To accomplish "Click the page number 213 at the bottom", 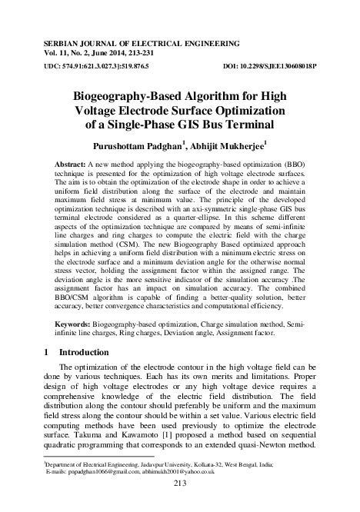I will click(x=181, y=483).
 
